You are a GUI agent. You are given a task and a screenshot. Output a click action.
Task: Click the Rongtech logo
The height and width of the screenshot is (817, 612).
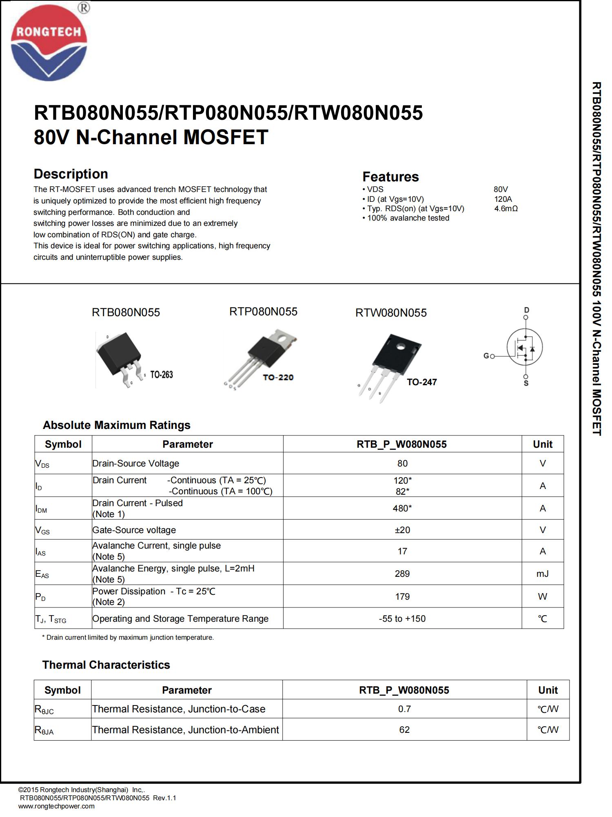tap(49, 43)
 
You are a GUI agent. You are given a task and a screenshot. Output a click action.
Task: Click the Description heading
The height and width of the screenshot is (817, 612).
tap(71, 174)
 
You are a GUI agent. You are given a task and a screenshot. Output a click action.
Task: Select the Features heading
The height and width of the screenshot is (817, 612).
tap(390, 177)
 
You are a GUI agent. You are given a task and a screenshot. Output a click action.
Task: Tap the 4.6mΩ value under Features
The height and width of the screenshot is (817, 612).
tap(506, 209)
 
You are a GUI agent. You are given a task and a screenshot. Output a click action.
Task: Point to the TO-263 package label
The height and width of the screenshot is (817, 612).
tap(162, 375)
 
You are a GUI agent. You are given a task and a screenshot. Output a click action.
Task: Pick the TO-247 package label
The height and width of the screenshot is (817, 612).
tap(422, 382)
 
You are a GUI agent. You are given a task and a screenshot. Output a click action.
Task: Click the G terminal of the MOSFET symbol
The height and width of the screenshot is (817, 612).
tap(486, 356)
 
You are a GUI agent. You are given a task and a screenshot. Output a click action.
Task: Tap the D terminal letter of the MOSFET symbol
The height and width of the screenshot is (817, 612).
tap(526, 310)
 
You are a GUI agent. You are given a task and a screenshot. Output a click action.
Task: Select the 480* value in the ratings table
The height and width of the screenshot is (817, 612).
tap(402, 508)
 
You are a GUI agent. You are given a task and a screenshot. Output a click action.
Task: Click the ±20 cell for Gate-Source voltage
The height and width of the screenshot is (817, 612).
tap(402, 530)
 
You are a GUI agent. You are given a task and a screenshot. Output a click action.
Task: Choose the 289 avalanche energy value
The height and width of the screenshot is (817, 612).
tap(402, 574)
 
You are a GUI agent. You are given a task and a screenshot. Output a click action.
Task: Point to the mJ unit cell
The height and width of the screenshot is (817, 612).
tap(542, 574)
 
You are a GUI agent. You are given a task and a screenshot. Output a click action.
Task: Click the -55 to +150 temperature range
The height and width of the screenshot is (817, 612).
tap(402, 618)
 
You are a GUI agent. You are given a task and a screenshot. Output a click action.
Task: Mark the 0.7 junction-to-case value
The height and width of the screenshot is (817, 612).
tap(404, 709)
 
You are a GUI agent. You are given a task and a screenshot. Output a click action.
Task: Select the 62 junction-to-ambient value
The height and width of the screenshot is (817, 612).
tap(404, 730)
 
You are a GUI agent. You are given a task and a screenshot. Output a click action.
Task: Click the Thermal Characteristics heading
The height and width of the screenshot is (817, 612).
tap(106, 665)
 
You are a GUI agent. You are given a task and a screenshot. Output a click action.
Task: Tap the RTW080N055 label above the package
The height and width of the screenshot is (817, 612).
tap(391, 313)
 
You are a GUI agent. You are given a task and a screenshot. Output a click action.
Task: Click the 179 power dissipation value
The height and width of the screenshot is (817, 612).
tap(402, 596)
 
